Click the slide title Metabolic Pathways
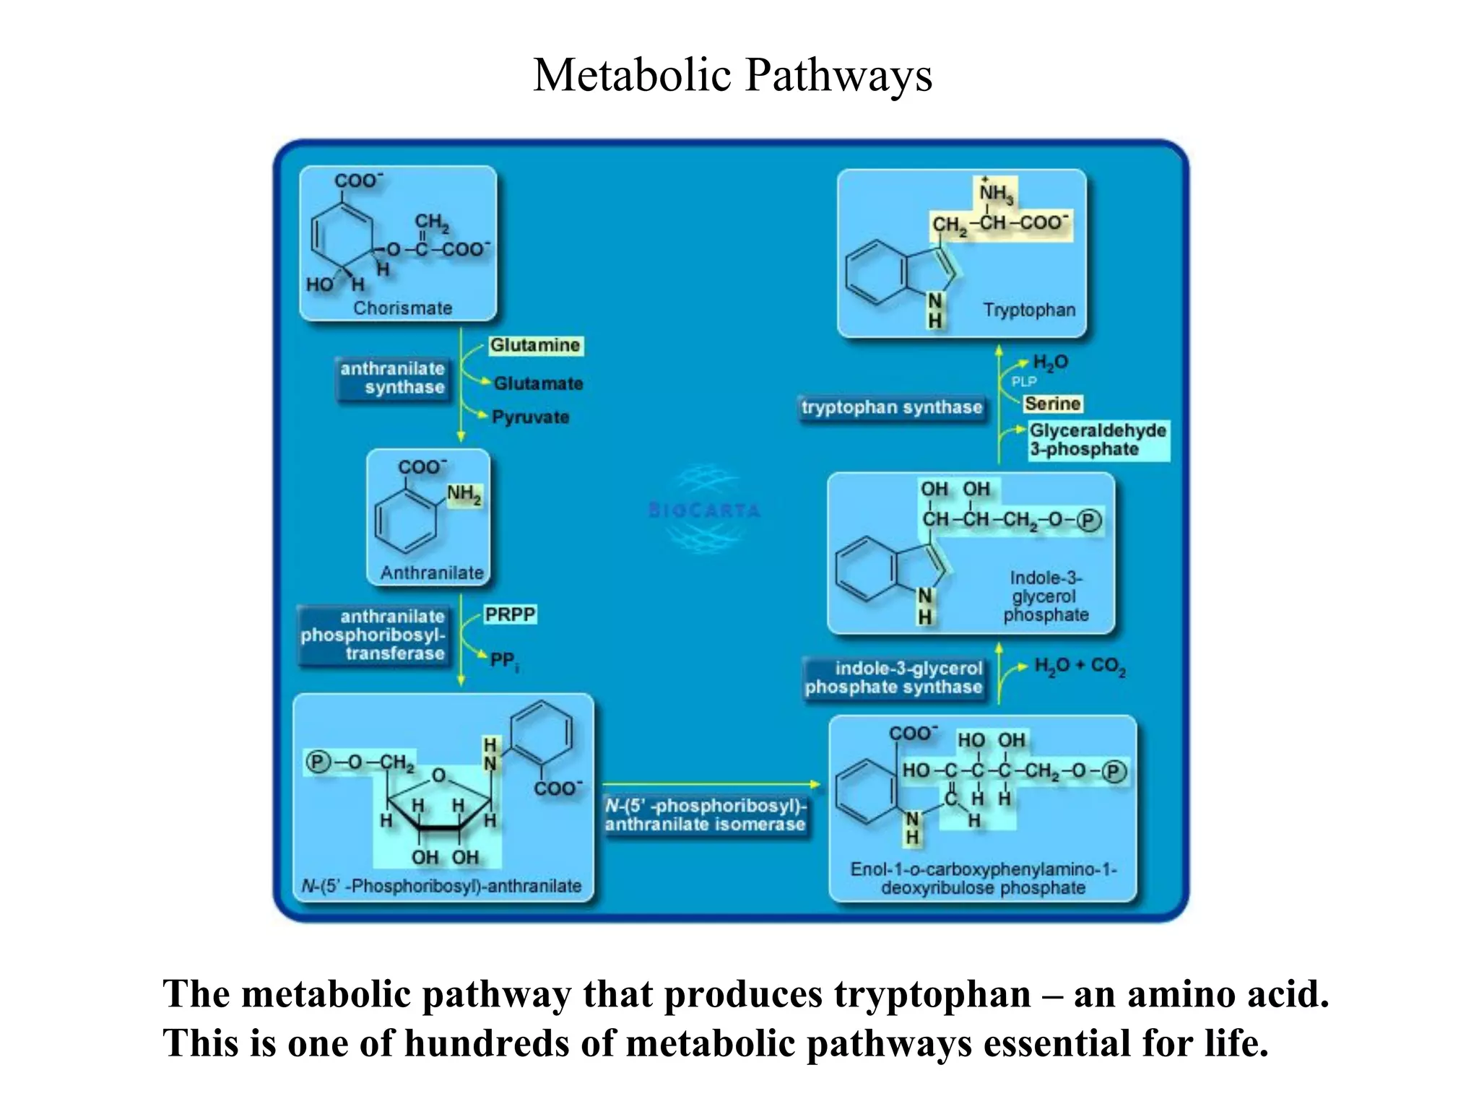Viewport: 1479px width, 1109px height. [732, 75]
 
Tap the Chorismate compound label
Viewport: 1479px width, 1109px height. [402, 308]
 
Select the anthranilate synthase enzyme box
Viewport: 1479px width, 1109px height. [392, 378]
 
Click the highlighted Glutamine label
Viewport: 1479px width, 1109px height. [535, 346]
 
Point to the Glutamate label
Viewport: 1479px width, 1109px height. [538, 383]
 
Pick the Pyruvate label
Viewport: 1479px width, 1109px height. [531, 417]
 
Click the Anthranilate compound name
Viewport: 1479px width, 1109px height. [432, 573]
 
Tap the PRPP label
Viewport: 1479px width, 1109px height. [510, 614]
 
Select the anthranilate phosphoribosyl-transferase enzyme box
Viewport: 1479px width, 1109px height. [373, 635]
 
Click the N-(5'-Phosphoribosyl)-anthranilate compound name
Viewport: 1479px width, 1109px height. [442, 887]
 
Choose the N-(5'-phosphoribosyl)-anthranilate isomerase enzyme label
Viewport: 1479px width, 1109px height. [705, 815]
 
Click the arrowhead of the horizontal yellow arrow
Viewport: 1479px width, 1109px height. [816, 784]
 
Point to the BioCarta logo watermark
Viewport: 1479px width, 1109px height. [705, 510]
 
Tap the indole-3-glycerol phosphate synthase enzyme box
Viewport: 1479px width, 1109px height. [893, 678]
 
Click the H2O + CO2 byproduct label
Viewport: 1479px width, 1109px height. [1080, 666]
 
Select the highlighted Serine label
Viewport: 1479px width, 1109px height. [1053, 404]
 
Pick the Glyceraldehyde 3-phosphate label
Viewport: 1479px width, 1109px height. [1097, 440]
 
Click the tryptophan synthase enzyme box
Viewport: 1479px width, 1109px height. [892, 408]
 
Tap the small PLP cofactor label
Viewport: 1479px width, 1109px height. [1023, 382]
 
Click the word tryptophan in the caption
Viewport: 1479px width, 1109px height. [932, 994]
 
